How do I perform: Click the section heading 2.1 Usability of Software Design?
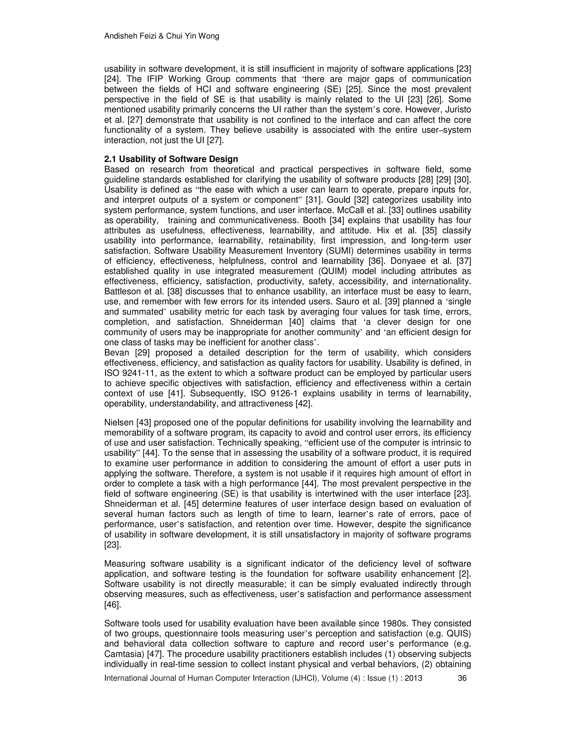171,159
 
